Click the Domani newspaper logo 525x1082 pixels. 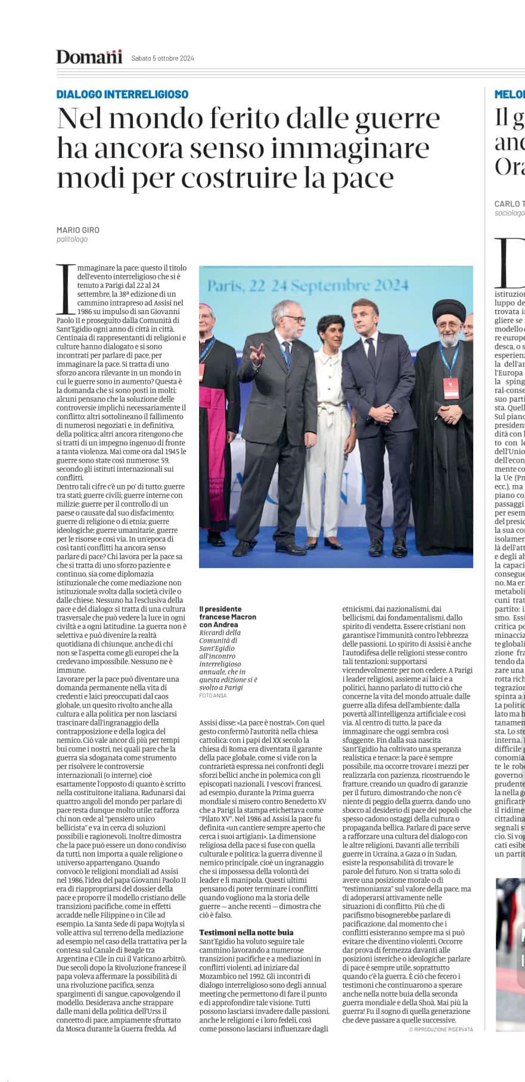[89, 57]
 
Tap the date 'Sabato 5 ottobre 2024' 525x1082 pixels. [163, 58]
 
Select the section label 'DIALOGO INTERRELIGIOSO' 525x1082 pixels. [122, 94]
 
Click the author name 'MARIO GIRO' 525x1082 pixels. [78, 230]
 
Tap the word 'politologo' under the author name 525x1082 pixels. [72, 240]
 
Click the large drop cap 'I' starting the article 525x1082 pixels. [66, 289]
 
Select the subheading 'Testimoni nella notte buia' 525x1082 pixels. [246, 932]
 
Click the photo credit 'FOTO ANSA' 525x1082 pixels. [213, 695]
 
